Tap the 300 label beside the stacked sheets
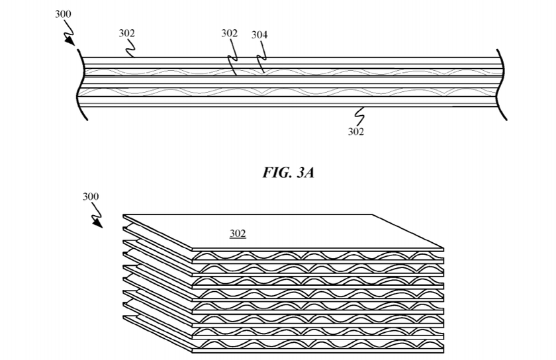tap(91, 197)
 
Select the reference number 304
tap(260, 34)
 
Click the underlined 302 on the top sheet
tap(238, 233)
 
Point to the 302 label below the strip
tap(356, 131)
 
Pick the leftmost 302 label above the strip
tap(127, 32)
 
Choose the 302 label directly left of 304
tap(229, 33)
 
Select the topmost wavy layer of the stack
tap(318, 255)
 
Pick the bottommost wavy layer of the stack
tap(318, 345)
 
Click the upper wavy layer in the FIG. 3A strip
tap(291, 70)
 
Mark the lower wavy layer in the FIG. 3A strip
tap(291, 90)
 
